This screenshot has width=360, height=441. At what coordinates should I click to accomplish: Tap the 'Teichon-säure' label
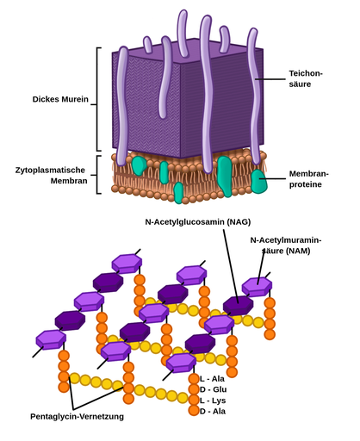pos(306,79)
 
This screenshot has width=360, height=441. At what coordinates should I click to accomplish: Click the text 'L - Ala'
pos(214,378)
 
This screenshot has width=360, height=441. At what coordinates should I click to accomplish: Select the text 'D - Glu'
pos(214,389)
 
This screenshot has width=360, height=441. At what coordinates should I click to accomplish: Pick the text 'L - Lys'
pos(214,401)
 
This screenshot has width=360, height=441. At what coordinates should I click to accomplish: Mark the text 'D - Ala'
pos(214,412)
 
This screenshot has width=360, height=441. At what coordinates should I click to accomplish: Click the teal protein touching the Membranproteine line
pos(258,180)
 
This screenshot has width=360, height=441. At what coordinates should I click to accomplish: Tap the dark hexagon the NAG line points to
pos(238,304)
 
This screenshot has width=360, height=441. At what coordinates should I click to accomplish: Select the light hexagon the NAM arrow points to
pos(256,286)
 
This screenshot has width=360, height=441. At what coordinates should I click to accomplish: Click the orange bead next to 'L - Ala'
pos(194,378)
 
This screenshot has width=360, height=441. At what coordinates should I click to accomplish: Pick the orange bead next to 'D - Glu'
pos(194,389)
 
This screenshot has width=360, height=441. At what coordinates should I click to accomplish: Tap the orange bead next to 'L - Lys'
pos(194,401)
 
